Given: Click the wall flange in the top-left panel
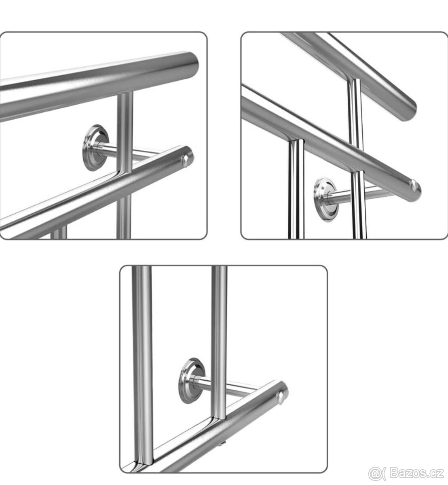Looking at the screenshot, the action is tap(95, 148).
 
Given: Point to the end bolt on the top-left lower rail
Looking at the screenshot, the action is tap(186, 161).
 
